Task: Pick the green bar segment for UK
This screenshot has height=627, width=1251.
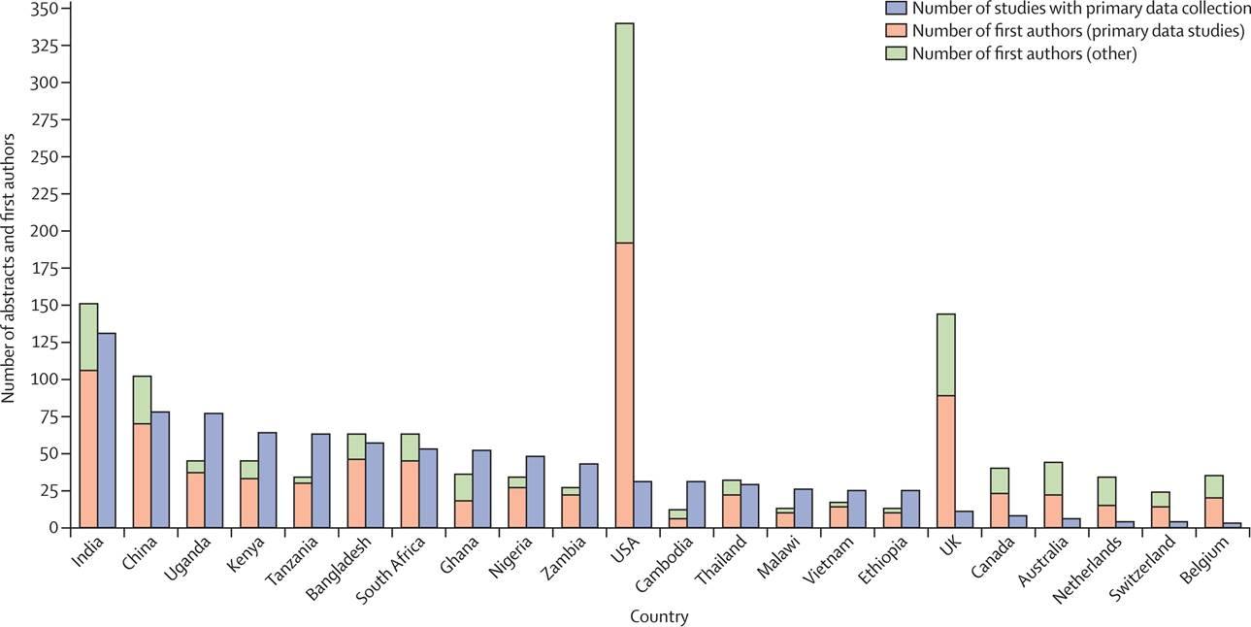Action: pyautogui.click(x=938, y=354)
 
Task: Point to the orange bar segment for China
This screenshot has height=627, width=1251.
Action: pyautogui.click(x=142, y=476)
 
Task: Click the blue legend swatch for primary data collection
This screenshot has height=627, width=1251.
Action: pyautogui.click(x=895, y=9)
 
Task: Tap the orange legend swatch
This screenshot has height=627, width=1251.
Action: pyautogui.click(x=895, y=31)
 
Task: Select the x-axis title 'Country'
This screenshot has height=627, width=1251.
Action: pyautogui.click(x=660, y=616)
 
